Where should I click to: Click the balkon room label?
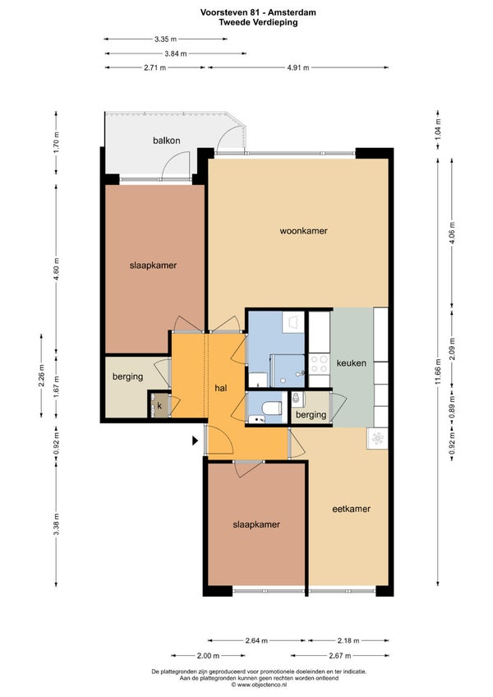tap(167, 141)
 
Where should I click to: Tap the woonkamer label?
tap(304, 231)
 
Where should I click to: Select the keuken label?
tap(352, 362)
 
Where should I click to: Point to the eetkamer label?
tap(351, 509)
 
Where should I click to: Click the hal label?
tap(221, 388)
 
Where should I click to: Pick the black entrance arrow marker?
tap(195, 441)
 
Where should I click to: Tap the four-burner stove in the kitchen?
tap(319, 363)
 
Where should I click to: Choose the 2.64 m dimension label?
tap(256, 640)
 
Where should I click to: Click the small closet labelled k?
tap(159, 406)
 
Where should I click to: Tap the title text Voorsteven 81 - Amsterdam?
tap(258, 12)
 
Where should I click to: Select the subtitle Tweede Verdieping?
tap(258, 22)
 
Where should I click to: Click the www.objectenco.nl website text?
tap(259, 685)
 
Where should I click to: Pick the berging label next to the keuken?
tap(311, 415)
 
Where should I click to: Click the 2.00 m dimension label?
tap(208, 656)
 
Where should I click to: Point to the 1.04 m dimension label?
tap(438, 129)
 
